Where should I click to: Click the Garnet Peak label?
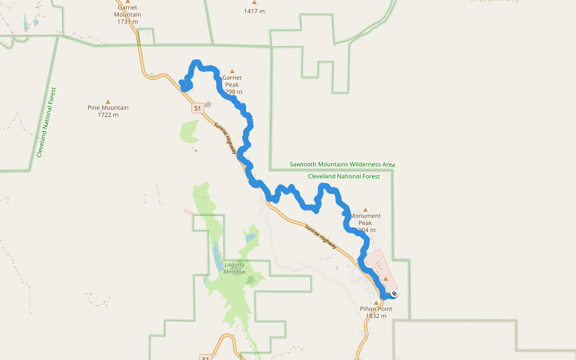(232, 81)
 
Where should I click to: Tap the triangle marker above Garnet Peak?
(232, 71)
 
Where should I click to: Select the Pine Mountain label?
(108, 108)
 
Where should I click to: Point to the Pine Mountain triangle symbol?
(108, 101)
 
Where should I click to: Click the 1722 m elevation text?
(108, 115)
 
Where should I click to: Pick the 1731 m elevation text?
(128, 22)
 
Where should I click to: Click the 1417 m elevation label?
(254, 11)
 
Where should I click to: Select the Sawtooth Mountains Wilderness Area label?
(342, 164)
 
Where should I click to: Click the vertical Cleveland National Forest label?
(46, 122)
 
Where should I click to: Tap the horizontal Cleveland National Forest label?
(344, 176)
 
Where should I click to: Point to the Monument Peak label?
(365, 219)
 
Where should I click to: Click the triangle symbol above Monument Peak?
(365, 209)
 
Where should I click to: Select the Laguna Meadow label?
(235, 268)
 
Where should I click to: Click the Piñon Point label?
(376, 309)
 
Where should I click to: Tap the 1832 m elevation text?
(376, 316)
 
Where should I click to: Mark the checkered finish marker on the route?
(394, 294)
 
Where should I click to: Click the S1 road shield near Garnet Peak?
(197, 109)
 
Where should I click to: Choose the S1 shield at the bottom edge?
(205, 358)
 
